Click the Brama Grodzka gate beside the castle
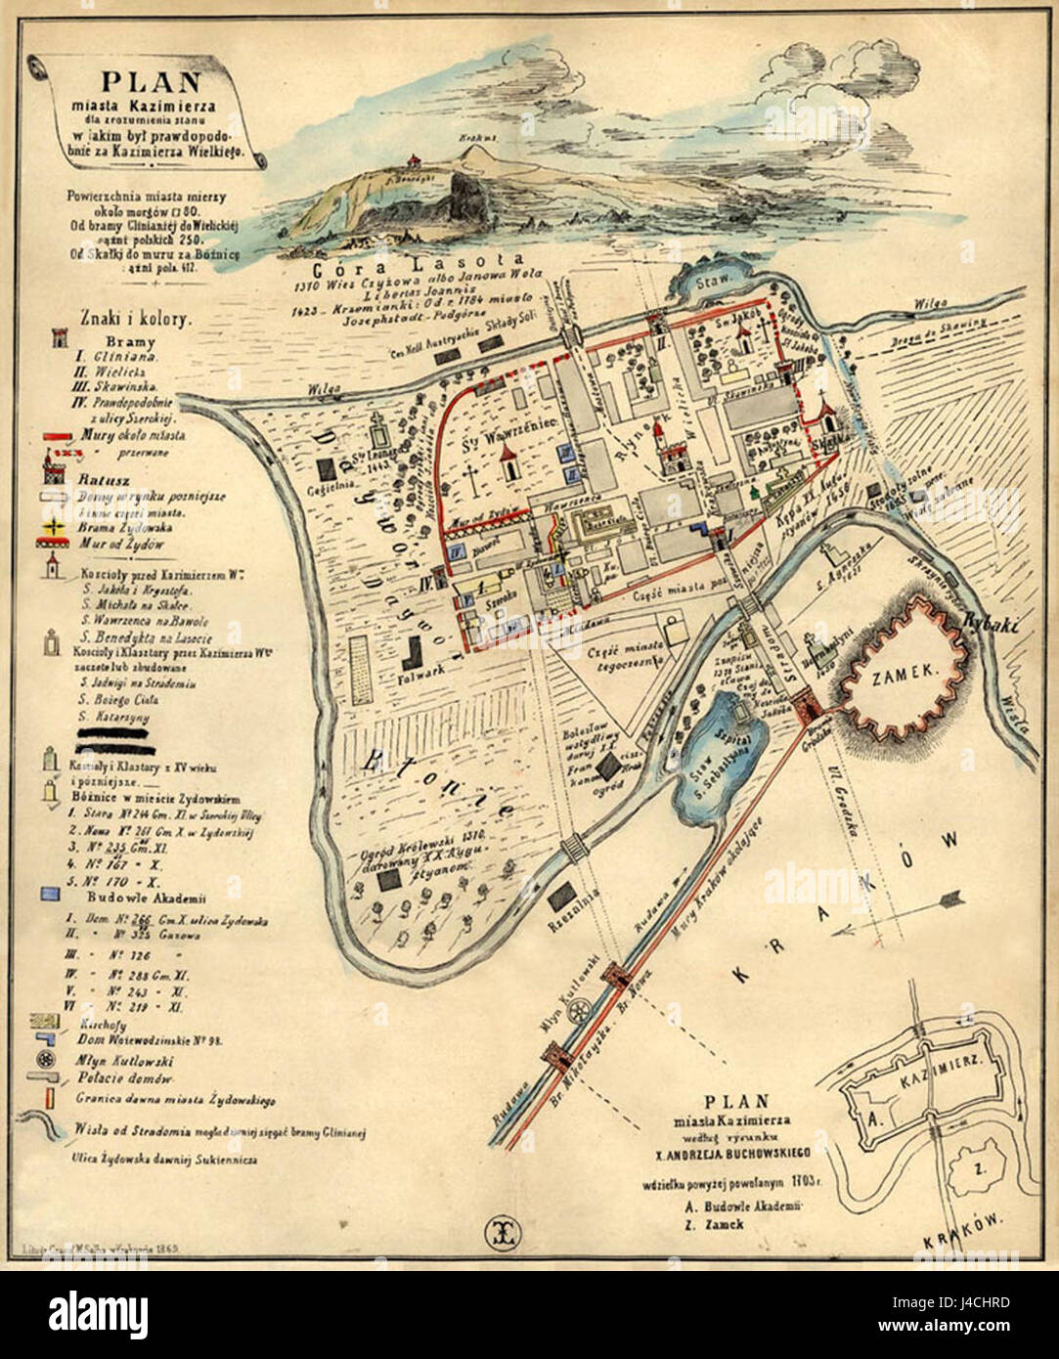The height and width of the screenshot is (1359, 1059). (808, 703)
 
